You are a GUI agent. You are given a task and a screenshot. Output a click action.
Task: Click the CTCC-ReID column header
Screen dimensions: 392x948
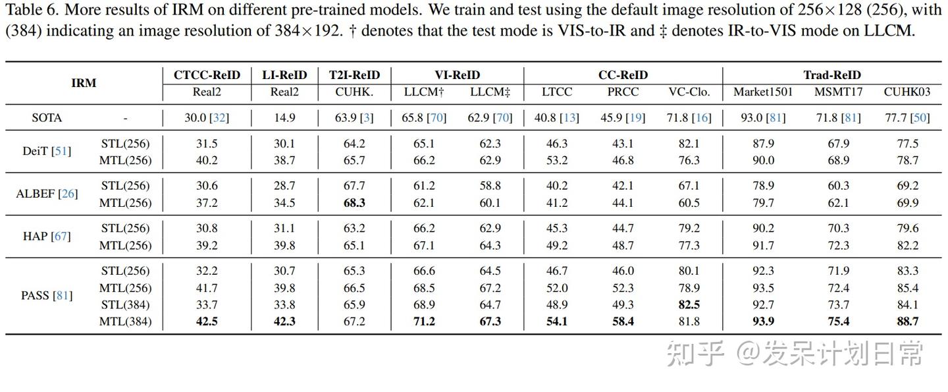coord(207,75)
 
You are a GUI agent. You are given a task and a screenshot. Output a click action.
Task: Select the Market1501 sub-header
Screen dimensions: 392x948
coord(763,92)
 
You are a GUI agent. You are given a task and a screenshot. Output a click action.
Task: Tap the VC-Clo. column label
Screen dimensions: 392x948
coord(689,92)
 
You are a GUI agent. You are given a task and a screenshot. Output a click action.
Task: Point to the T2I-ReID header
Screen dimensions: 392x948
coord(354,75)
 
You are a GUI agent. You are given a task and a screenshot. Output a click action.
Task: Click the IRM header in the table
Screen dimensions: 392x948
coord(84,83)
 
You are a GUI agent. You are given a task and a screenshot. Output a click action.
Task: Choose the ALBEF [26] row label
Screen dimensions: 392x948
coord(47,194)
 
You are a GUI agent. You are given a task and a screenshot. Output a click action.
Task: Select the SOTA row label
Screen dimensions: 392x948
coord(47,118)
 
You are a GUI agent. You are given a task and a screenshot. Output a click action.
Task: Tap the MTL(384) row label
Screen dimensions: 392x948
coord(125,322)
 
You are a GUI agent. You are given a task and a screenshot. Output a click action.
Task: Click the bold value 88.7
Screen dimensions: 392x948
coord(907,322)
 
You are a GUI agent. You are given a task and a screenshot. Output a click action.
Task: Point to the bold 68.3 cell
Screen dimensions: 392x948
coord(354,203)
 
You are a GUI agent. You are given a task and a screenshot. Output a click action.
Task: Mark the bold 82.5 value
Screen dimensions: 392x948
coord(689,305)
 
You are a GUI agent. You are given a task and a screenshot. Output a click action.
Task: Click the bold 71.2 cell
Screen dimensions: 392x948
coord(423,322)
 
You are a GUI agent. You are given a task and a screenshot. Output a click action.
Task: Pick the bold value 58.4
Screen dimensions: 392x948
coord(623,322)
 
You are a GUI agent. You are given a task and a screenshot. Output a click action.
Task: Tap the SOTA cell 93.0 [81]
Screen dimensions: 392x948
coord(763,118)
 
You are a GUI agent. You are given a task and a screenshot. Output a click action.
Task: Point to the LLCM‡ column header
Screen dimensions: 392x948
coord(490,92)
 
